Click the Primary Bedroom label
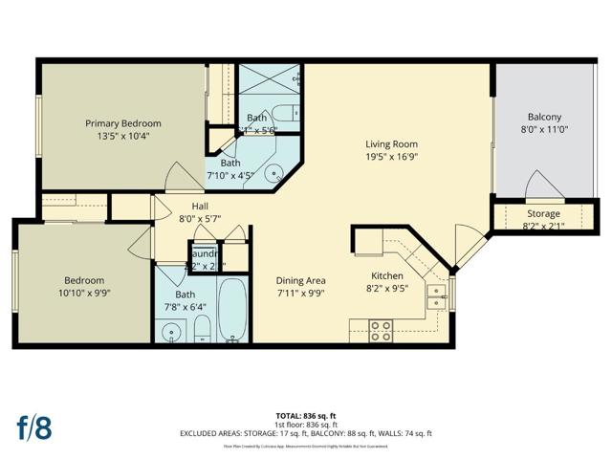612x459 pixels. tap(123, 123)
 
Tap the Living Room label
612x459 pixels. tap(392, 143)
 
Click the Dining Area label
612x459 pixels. tap(301, 281)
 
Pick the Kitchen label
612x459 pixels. tap(388, 274)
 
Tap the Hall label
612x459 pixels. tap(200, 206)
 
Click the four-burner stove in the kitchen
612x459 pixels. tap(381, 330)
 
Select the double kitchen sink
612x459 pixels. tap(436, 296)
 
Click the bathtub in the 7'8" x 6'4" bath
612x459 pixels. tap(232, 310)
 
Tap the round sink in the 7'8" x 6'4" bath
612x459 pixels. tap(172, 333)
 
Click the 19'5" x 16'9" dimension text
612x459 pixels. tap(392, 157)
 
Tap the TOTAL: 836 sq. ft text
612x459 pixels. tap(306, 416)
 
